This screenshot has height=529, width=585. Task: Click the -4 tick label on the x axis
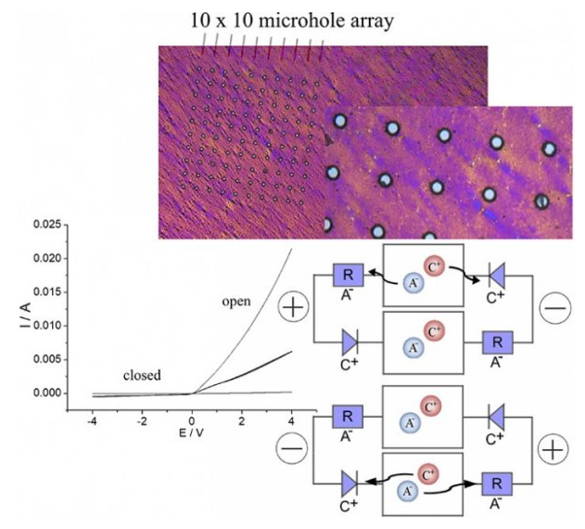click(91, 421)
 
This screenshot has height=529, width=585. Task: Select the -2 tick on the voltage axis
click(141, 421)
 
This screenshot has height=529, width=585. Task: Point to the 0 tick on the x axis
click(192, 421)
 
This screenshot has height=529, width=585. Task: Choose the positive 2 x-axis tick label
click(241, 421)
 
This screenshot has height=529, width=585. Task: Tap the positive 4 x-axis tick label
click(291, 421)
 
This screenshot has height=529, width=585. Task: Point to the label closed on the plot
click(143, 376)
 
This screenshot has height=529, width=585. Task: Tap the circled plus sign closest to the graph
click(296, 308)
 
